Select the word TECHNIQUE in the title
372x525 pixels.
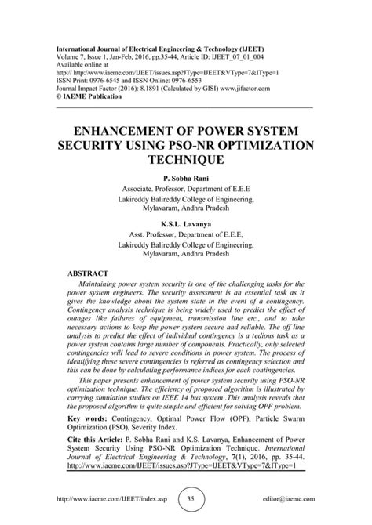point(186,159)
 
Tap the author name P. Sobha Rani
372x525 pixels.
point(186,179)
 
